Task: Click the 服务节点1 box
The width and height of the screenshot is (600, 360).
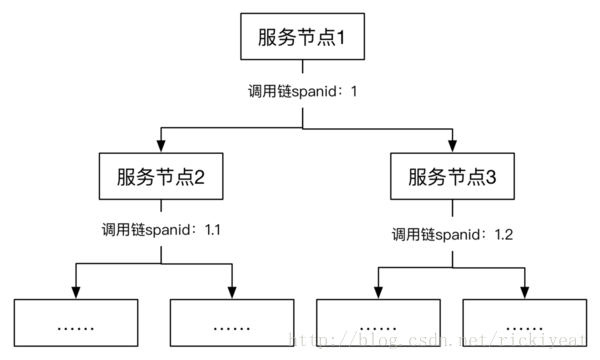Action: click(x=302, y=41)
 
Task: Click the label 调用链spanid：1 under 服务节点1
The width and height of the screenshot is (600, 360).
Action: click(x=302, y=91)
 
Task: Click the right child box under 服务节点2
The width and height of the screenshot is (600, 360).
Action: click(x=232, y=324)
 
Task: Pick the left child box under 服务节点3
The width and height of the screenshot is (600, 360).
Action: click(x=377, y=324)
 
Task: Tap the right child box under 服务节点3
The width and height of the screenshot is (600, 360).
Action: click(x=524, y=324)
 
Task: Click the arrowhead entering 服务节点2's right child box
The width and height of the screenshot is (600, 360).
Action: click(x=232, y=292)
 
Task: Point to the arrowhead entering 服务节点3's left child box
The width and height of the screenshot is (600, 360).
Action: click(x=377, y=292)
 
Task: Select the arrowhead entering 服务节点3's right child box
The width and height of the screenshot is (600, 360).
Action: click(x=524, y=292)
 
